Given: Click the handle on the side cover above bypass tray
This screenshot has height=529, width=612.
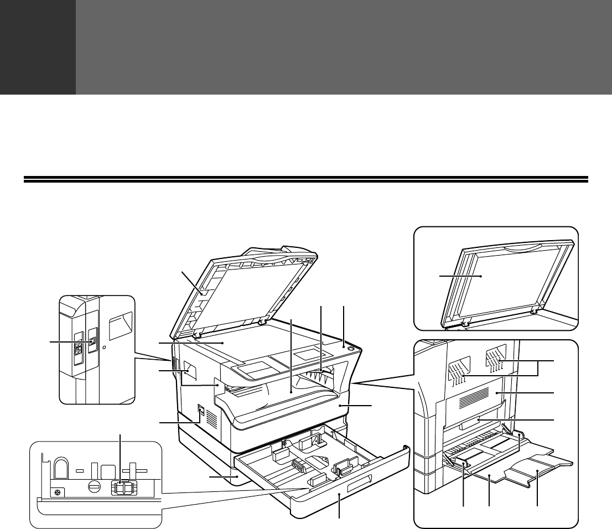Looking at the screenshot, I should point(478,423).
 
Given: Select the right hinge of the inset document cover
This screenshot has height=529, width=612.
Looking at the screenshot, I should point(534,311).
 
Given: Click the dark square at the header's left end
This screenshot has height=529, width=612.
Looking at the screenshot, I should point(38,47).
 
